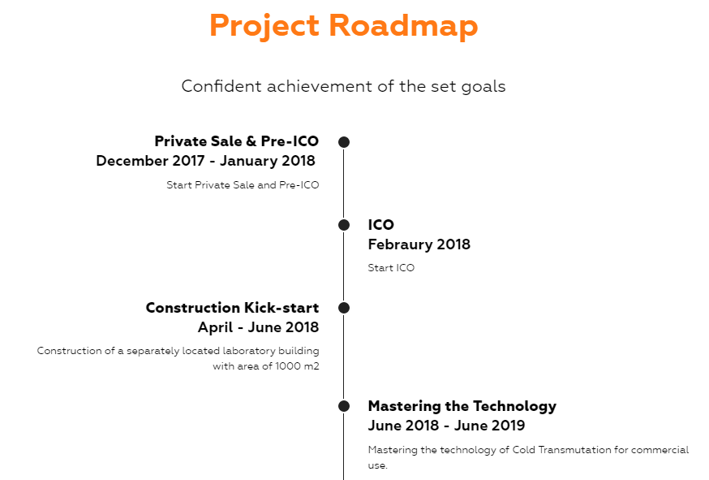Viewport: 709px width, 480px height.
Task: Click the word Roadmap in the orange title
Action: click(403, 25)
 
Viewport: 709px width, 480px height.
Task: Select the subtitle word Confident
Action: click(221, 86)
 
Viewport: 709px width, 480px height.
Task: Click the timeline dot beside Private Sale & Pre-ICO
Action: click(344, 142)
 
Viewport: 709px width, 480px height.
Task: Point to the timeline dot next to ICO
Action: click(344, 225)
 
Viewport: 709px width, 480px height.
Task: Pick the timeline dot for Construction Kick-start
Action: click(344, 308)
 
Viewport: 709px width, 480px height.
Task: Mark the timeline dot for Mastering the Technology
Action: click(344, 406)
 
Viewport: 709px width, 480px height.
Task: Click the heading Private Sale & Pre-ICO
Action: click(237, 141)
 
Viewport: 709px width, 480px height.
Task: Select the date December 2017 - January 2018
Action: click(206, 161)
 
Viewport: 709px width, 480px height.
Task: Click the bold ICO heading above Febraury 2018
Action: click(380, 225)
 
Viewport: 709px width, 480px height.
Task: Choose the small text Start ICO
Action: click(391, 268)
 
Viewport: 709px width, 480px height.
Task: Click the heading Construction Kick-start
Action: click(233, 308)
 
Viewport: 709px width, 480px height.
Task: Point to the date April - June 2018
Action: click(258, 327)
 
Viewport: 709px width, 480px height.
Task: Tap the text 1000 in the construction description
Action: click(288, 366)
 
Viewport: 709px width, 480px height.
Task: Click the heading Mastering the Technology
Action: click(462, 407)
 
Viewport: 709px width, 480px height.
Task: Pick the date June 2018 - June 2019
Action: click(446, 426)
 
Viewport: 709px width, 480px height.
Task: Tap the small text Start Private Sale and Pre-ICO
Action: click(243, 184)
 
